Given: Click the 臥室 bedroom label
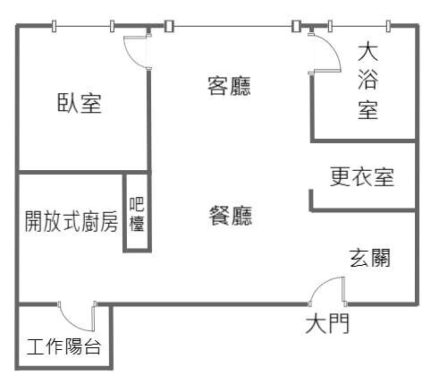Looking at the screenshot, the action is pos(80,103).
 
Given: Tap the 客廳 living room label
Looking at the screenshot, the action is pos(229,86).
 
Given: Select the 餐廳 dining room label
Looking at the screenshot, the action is pos(230,216).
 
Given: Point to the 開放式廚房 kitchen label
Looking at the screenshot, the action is pos(71,221).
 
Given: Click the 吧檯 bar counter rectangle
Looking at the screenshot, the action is pos(138,212).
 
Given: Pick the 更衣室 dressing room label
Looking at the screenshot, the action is pos(362,176).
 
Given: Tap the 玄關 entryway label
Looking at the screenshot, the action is pos(369,258).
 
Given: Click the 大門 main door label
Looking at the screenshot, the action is pos(327,324).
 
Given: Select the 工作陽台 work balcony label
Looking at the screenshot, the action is pos(63,346).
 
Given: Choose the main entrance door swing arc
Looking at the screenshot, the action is pos(321,286).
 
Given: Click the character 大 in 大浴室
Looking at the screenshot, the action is pos(368,53).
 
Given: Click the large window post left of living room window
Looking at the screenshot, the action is pos(169,26).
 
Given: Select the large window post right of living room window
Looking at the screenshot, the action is pos(296,26).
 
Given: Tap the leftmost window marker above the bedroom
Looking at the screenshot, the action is pos(54,26).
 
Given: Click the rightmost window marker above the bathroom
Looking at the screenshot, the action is pos(388,26).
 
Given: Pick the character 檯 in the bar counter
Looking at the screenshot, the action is pos(137,223).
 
